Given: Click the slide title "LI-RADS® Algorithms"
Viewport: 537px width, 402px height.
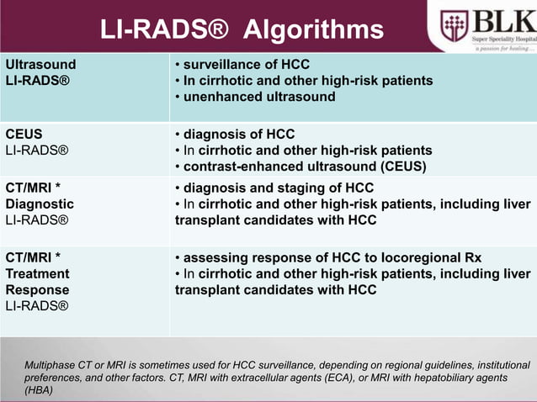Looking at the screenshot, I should click(242, 31).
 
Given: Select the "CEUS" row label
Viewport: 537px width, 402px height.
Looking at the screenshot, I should click(24, 135).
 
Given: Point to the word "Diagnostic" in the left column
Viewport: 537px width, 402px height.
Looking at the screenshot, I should click(40, 204).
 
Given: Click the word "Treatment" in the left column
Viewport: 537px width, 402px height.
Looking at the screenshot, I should click(38, 274).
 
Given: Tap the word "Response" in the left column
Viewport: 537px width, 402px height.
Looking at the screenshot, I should click(37, 290).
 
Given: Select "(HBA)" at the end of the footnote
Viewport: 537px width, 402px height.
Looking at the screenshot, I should click(39, 390).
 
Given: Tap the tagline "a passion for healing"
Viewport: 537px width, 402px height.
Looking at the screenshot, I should click(500, 47).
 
